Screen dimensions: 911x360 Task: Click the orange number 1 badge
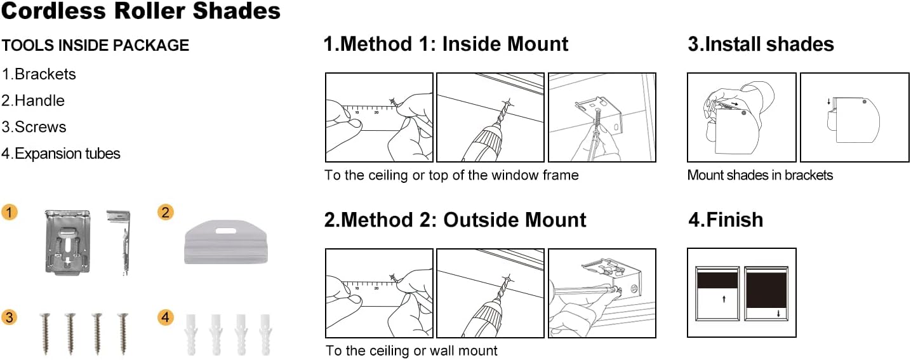pos(10,212)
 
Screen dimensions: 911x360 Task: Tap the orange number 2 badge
pos(165,212)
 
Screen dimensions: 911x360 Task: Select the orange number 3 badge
pos(10,317)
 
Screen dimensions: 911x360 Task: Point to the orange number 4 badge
pos(165,317)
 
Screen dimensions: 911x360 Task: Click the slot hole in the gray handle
pos(226,230)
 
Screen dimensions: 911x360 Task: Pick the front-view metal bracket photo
pos(67,243)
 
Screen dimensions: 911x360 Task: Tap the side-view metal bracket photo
pos(120,243)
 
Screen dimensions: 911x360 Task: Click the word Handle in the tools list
pos(39,100)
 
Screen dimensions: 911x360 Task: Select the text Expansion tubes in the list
pos(67,154)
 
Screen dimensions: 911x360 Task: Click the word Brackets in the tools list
pos(45,74)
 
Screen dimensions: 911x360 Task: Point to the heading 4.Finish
pos(726,220)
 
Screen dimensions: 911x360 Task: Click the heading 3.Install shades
pos(761,44)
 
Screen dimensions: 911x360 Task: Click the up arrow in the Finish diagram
pos(724,299)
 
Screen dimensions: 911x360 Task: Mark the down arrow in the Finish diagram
pos(778,314)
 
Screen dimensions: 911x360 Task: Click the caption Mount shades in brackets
pos(760,175)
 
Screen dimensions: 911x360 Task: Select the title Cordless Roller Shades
pos(141,11)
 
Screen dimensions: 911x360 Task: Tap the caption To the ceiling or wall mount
pos(411,350)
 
